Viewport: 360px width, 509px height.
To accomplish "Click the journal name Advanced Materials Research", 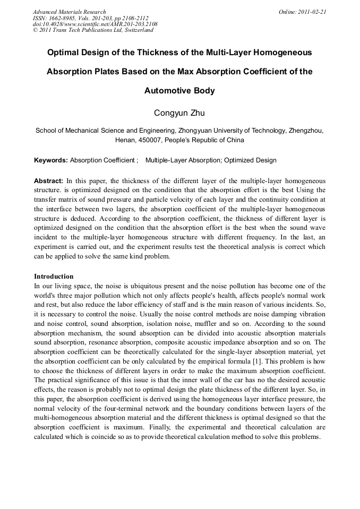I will tap(69, 12).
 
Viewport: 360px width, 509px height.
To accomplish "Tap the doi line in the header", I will tap(95, 24).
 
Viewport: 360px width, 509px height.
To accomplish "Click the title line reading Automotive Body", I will tap(179, 91).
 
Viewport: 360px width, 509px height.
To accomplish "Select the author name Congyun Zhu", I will tap(179, 113).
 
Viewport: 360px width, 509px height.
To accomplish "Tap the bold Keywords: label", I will tap(51, 160).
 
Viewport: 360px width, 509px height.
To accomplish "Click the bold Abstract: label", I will tap(49, 180).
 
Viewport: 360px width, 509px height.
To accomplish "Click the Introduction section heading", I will tap(54, 277).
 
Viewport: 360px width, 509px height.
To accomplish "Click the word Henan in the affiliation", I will tap(125, 140).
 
